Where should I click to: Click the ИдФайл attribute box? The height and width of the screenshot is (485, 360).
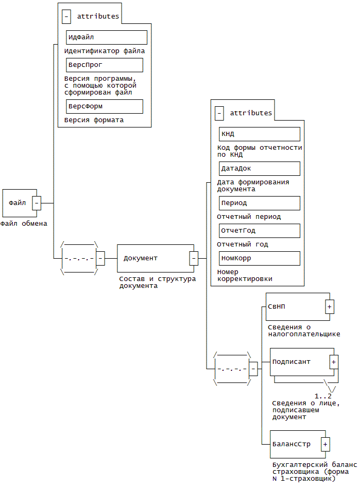click(106, 37)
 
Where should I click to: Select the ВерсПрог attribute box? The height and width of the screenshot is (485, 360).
click(105, 65)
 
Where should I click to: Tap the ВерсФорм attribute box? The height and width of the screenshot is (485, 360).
click(105, 106)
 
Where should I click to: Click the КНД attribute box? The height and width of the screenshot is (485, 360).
click(260, 134)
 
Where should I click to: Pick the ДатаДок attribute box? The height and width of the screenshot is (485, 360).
click(260, 168)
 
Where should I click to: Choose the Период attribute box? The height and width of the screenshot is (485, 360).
click(260, 203)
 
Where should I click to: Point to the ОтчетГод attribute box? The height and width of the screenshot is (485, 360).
click(260, 231)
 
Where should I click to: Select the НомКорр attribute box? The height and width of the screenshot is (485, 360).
click(260, 258)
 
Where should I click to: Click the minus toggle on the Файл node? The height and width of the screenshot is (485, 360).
click(37, 203)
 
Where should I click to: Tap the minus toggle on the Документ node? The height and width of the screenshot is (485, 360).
click(194, 258)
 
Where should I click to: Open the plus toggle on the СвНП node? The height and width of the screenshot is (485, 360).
click(329, 307)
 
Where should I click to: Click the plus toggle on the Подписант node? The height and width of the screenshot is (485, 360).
click(333, 362)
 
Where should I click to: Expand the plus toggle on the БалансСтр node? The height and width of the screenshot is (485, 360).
click(325, 444)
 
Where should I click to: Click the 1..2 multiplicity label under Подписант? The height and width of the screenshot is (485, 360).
click(323, 396)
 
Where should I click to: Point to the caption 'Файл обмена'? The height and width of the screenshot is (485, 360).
click(24, 224)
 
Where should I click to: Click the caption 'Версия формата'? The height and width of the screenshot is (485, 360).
click(94, 120)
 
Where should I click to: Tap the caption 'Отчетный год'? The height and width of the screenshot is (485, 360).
click(243, 244)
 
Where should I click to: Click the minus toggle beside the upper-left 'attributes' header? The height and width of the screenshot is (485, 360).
click(66, 16)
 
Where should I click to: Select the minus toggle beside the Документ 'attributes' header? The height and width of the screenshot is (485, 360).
click(219, 113)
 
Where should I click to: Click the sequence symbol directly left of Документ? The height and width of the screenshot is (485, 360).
click(80, 258)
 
